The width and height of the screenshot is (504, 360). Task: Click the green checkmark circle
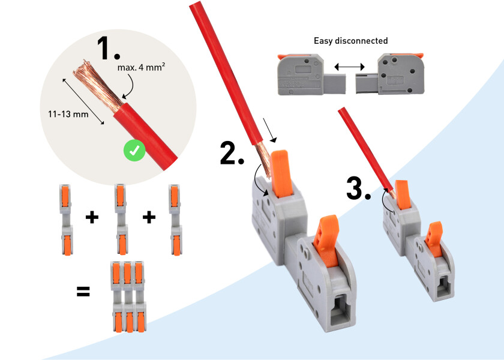(x=134, y=151)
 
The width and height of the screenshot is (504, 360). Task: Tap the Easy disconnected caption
(x=350, y=41)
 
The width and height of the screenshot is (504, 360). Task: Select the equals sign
(x=83, y=293)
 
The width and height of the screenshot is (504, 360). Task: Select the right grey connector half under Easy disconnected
(x=390, y=74)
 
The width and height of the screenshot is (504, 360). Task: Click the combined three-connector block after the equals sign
(x=127, y=295)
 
